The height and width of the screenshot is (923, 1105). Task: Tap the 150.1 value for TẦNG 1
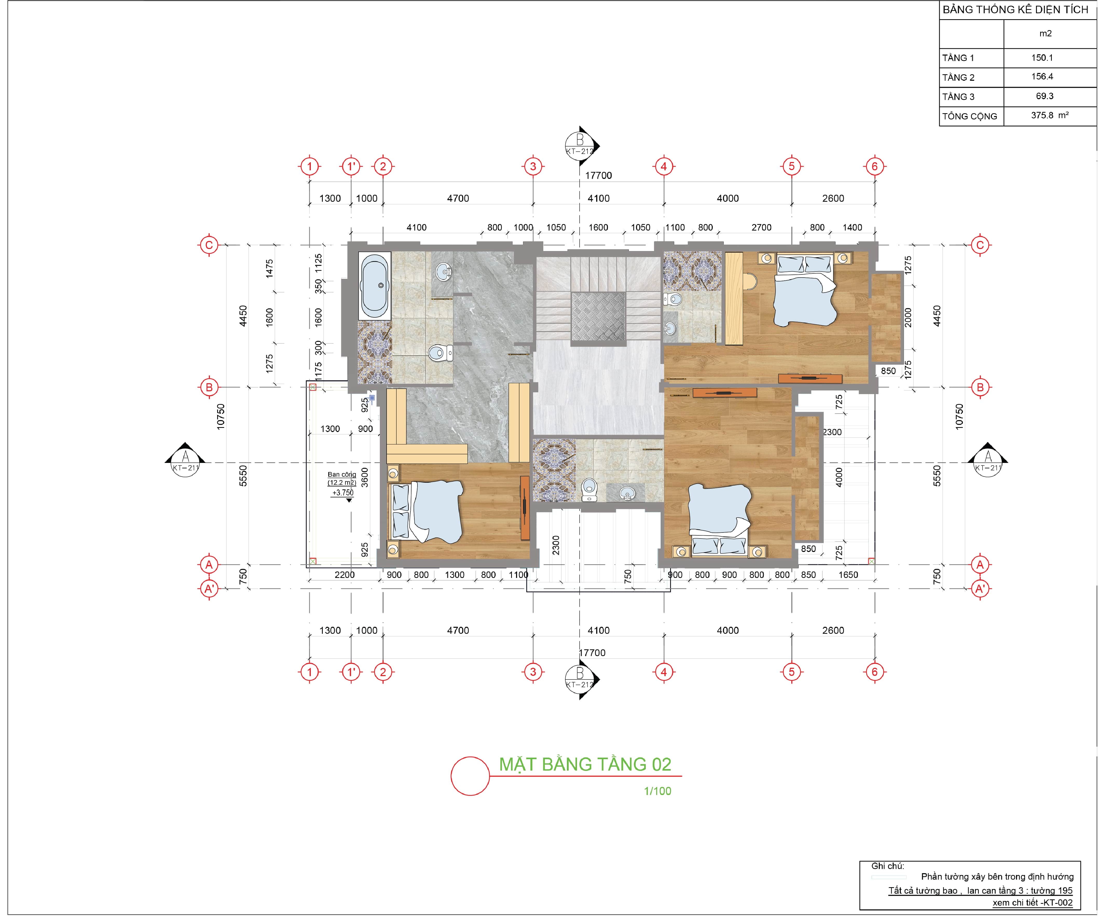(x=1042, y=58)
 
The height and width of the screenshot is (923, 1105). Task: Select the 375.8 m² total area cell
(x=1049, y=115)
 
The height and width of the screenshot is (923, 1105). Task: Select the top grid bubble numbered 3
(x=533, y=167)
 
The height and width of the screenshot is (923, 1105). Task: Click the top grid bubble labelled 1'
(x=351, y=167)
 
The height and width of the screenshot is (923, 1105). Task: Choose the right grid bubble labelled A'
(x=980, y=589)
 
